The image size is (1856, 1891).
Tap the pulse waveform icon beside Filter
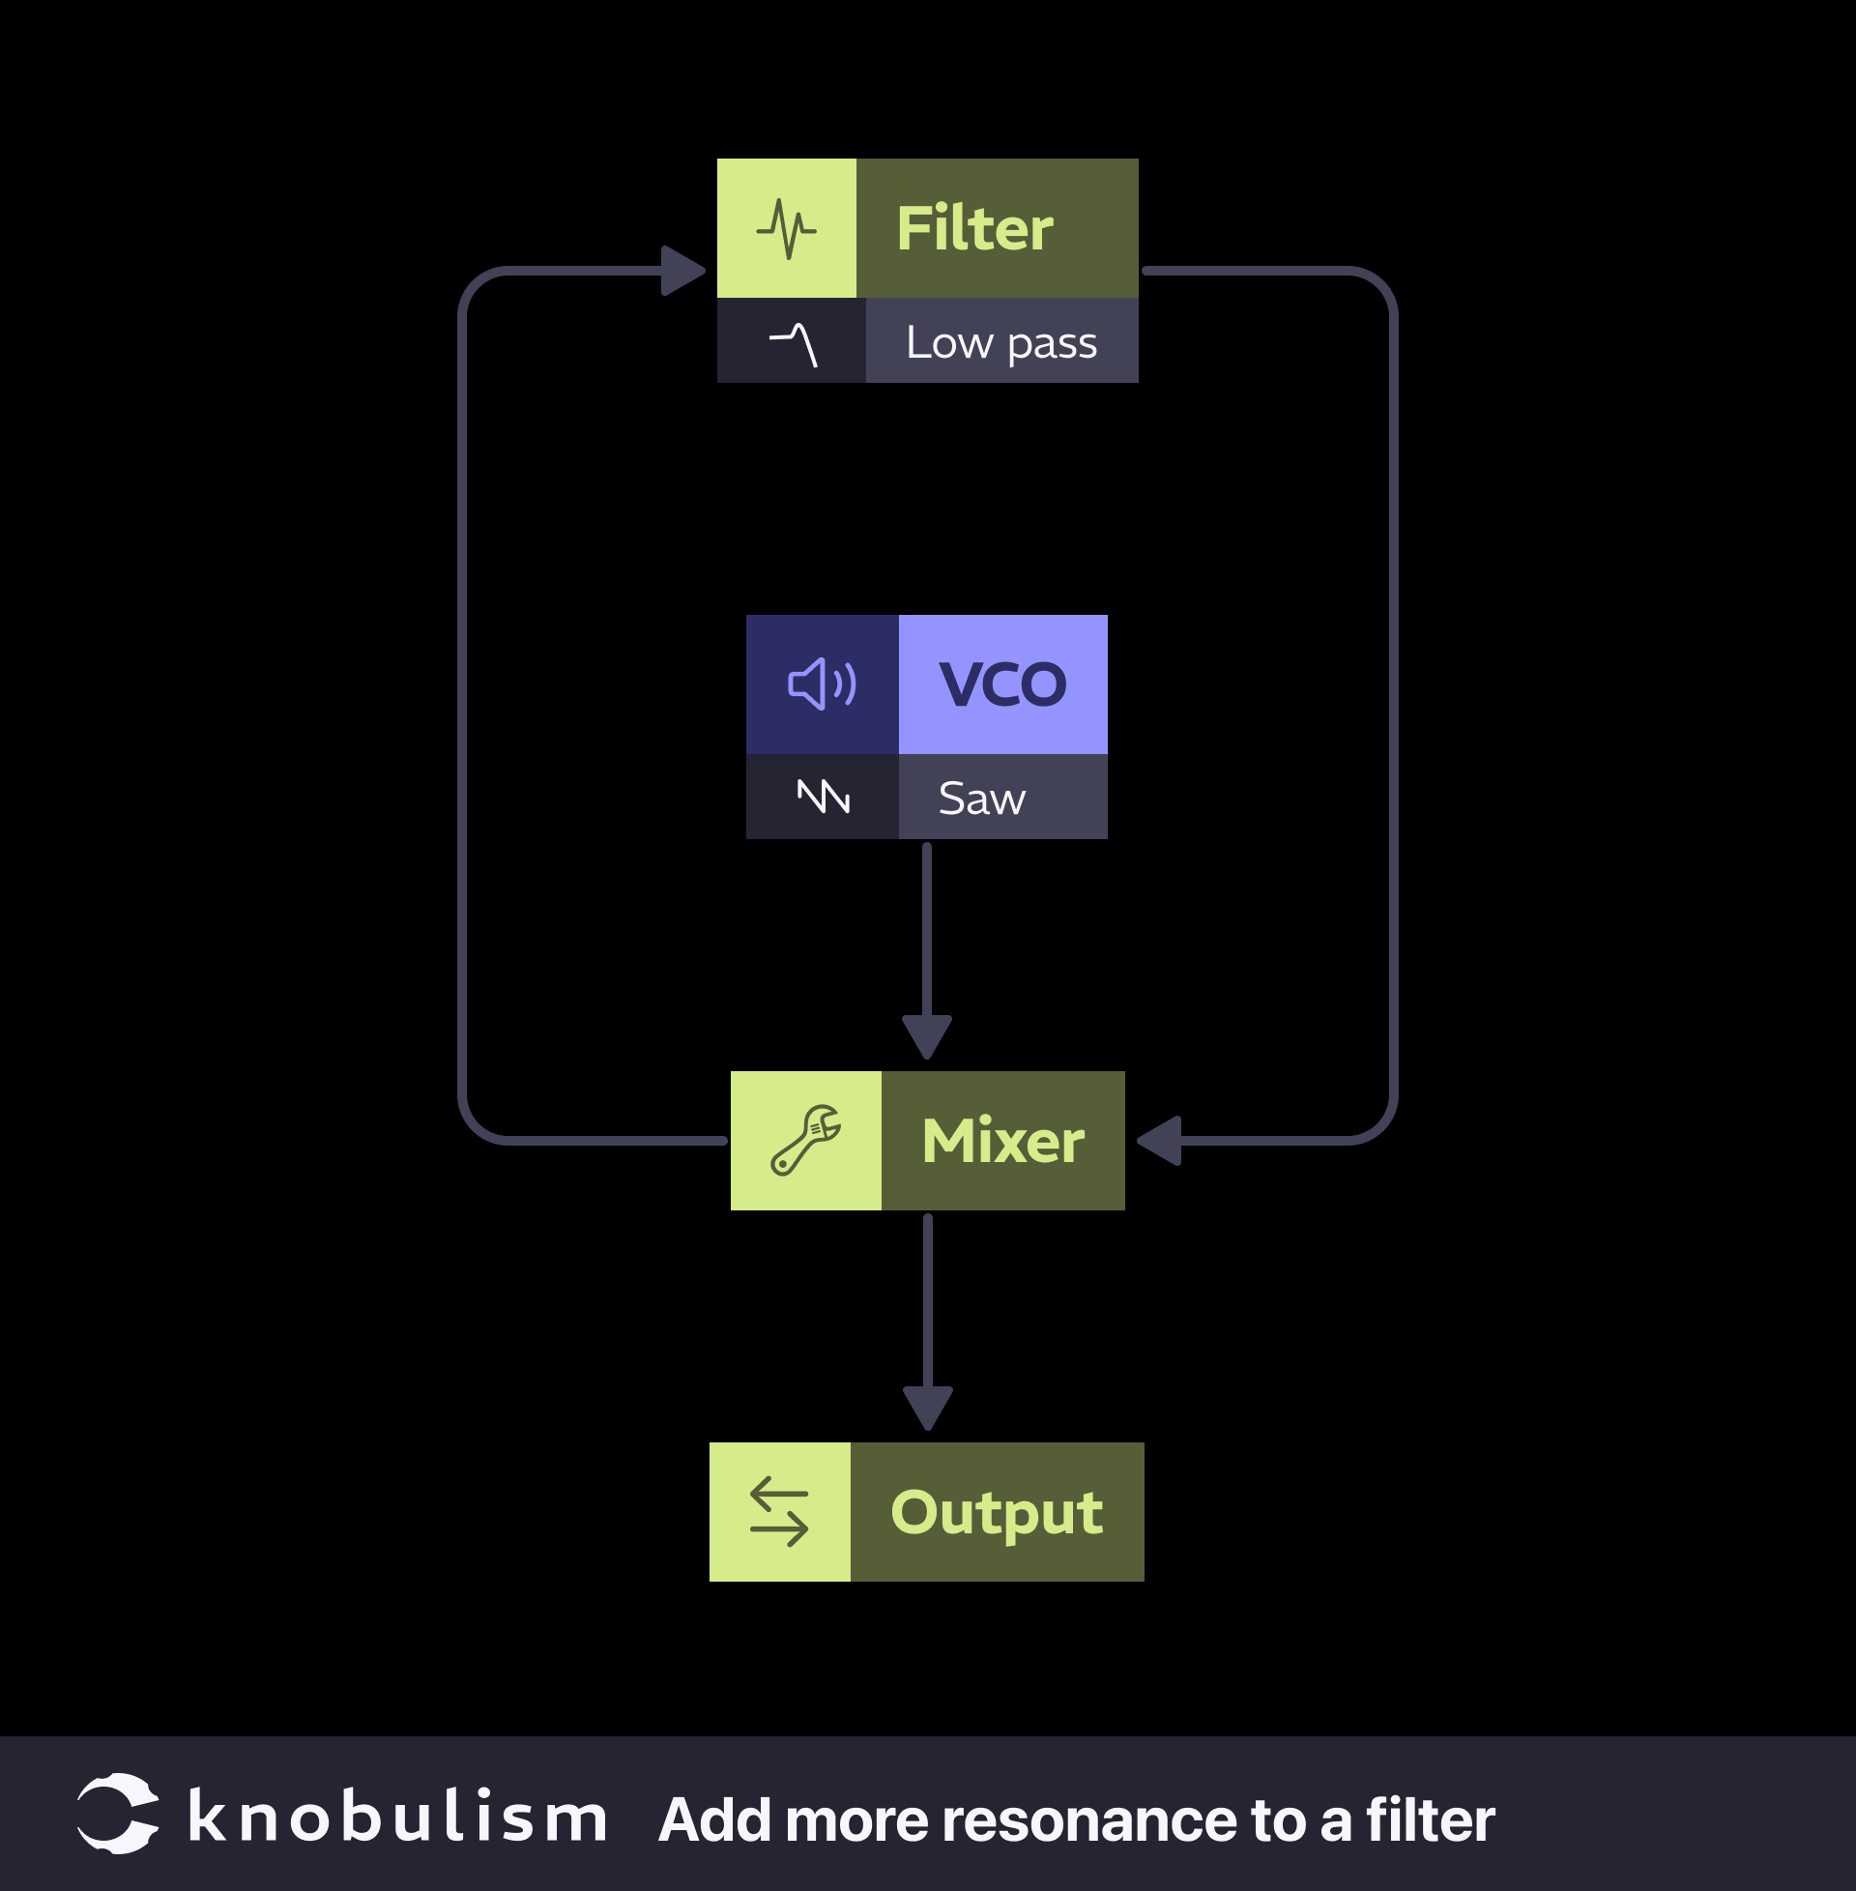(786, 229)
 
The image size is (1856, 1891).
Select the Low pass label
(1001, 342)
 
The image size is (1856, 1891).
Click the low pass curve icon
(794, 344)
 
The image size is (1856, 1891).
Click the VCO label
(1002, 684)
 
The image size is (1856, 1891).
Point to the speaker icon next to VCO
(822, 684)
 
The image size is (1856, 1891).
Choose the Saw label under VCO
(981, 799)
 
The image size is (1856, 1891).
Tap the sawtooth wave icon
(824, 797)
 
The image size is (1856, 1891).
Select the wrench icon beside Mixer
(805, 1140)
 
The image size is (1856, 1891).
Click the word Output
(997, 1512)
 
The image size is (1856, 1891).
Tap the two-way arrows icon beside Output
(779, 1512)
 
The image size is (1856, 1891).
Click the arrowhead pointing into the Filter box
(682, 270)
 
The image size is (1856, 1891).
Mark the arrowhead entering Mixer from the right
(1162, 1141)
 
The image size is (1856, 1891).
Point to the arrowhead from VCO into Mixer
(927, 1036)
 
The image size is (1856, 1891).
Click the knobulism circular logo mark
(118, 1813)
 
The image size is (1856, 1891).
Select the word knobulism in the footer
(396, 1818)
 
